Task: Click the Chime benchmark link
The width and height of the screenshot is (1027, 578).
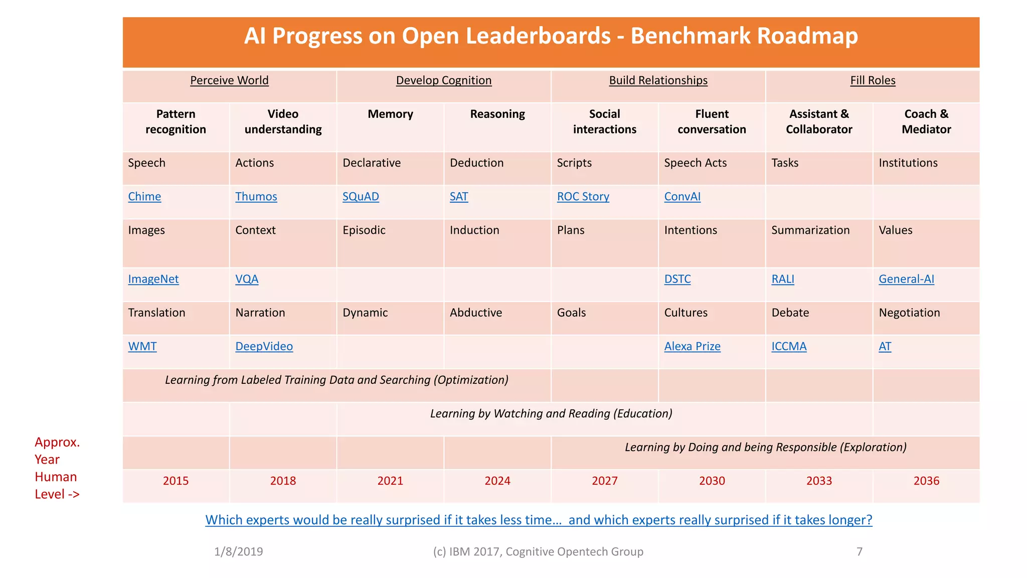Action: point(144,197)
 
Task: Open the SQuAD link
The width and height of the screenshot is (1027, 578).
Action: point(361,197)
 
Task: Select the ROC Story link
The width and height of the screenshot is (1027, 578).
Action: point(583,197)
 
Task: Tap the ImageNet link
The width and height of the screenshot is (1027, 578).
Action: point(153,279)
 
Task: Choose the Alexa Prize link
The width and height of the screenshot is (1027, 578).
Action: point(692,347)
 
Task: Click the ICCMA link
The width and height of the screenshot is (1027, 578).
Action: point(789,347)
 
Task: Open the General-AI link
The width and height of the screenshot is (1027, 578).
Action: point(906,279)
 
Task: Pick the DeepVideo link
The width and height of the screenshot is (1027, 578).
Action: point(264,347)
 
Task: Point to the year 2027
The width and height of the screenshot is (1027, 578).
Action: point(604,481)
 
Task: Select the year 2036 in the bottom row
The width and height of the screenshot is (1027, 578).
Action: point(926,481)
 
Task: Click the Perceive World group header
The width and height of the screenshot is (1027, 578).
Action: point(229,81)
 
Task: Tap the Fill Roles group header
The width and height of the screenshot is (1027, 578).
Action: point(873,81)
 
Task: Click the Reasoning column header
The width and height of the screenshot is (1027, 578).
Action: point(497,114)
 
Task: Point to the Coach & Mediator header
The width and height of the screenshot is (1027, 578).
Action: point(926,122)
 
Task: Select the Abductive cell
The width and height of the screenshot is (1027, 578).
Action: point(475,313)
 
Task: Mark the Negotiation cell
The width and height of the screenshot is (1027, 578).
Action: point(909,313)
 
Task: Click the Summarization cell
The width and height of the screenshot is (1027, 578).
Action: point(810,230)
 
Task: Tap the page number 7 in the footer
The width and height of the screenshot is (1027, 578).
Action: point(859,552)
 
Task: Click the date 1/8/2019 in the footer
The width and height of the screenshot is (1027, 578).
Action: point(238,552)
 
